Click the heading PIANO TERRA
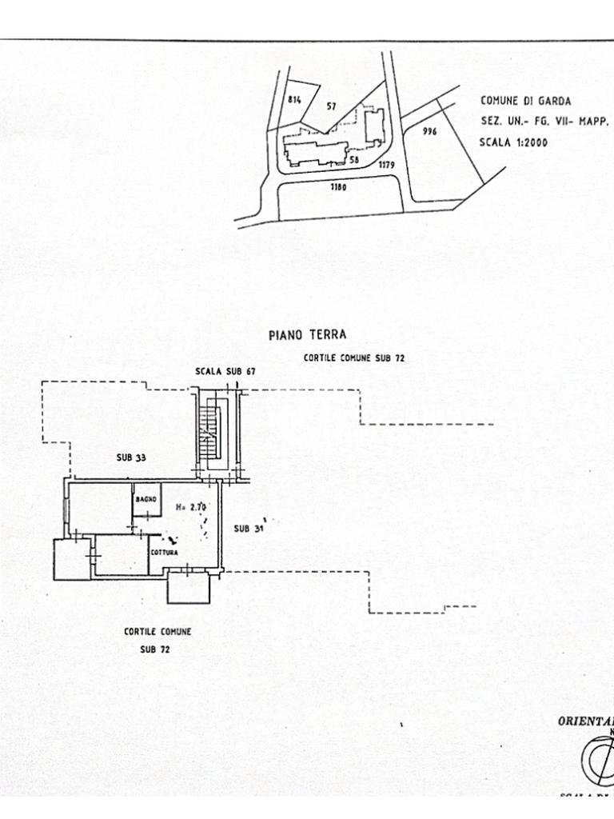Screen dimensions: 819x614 pyautogui.click(x=307, y=335)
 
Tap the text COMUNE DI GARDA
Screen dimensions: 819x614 pyautogui.click(x=525, y=101)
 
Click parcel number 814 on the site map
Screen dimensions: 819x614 pyautogui.click(x=294, y=99)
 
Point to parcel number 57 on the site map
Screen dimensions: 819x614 pyautogui.click(x=332, y=106)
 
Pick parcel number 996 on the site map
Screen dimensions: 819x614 pyautogui.click(x=429, y=132)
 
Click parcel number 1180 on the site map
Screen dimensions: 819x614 pyautogui.click(x=340, y=189)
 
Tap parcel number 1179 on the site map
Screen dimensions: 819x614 pyautogui.click(x=387, y=165)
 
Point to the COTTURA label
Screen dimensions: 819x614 pyautogui.click(x=163, y=553)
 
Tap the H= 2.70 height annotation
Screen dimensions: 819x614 pyautogui.click(x=190, y=506)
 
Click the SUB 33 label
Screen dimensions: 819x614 pyautogui.click(x=130, y=457)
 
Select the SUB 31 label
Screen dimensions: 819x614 pyautogui.click(x=248, y=528)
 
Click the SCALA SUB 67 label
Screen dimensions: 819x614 pyautogui.click(x=225, y=372)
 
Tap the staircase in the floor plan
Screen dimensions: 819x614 pyautogui.click(x=210, y=432)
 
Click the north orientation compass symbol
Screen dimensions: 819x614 pyautogui.click(x=599, y=756)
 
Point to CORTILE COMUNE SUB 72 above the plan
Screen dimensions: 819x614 pyautogui.click(x=353, y=358)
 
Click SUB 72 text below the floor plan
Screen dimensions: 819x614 pyautogui.click(x=155, y=649)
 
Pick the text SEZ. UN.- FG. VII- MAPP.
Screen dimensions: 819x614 pyautogui.click(x=544, y=122)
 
